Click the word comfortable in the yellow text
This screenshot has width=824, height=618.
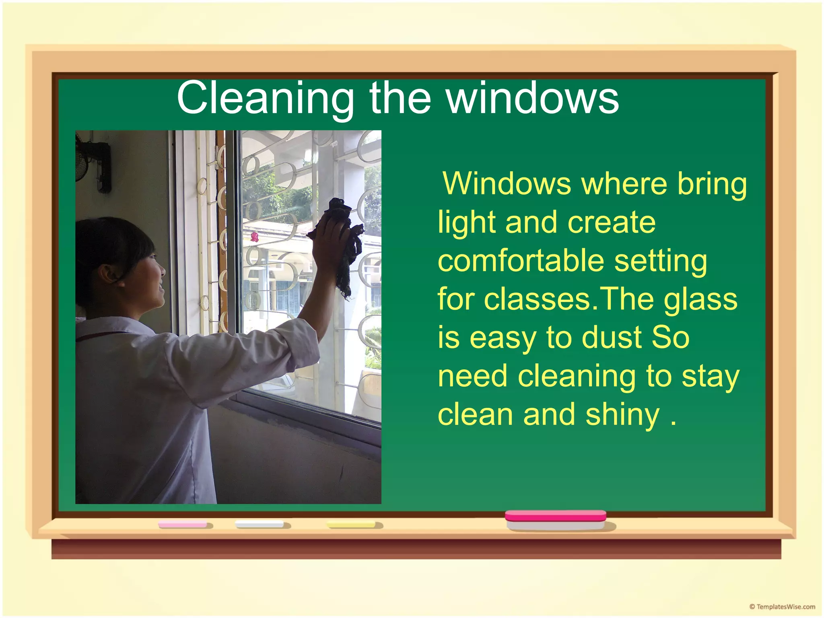pos(521,261)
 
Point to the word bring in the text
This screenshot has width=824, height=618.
pos(712,184)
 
